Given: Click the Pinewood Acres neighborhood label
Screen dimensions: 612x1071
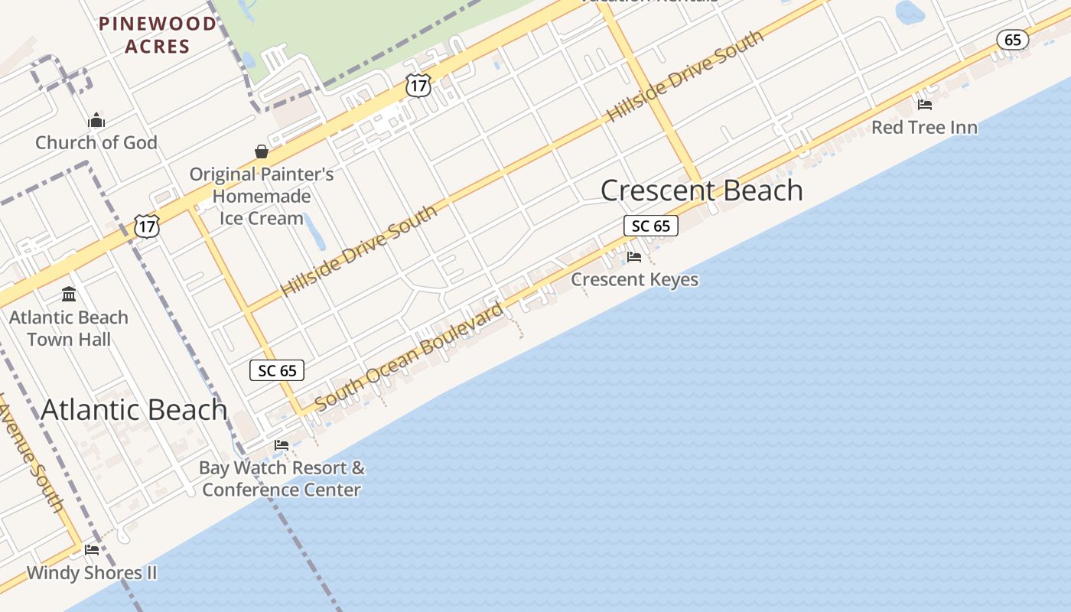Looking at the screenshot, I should [157, 34].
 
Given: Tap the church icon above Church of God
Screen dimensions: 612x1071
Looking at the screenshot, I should [96, 120].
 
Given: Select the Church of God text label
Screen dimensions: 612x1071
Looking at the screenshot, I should [96, 142].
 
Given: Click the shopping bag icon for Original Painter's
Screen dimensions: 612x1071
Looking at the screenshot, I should [262, 151].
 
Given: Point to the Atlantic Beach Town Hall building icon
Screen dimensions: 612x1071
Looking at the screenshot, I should [69, 295].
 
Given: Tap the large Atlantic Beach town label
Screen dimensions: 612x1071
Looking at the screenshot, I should [134, 410].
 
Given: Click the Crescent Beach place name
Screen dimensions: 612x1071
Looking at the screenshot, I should [702, 190].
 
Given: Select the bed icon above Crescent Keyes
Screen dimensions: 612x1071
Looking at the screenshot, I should [634, 257].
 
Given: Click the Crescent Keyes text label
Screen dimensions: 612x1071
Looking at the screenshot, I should [634, 279].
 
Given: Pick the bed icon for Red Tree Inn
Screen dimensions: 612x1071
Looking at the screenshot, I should [925, 105].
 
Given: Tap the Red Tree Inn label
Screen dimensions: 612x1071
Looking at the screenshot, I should [924, 127].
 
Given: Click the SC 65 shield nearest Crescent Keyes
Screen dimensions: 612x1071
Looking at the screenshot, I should [651, 226].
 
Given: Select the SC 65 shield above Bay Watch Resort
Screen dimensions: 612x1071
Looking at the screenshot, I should [277, 370].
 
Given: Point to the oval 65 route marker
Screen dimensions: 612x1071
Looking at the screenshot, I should [1012, 40].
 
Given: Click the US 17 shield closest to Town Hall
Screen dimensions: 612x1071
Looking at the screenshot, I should [146, 226].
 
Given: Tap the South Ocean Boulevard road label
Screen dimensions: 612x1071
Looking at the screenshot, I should [409, 356].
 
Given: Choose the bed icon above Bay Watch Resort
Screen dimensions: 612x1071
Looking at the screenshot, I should [282, 445].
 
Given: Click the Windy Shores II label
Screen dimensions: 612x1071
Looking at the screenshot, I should [92, 572].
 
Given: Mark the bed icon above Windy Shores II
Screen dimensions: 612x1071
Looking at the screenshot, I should [92, 550].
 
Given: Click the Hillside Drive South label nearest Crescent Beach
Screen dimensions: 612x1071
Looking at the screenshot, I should [685, 76].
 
